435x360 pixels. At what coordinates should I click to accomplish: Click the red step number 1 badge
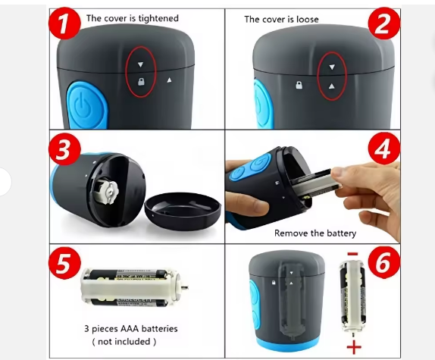pyautogui.click(x=64, y=23)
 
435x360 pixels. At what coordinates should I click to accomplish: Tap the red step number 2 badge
pyautogui.click(x=384, y=23)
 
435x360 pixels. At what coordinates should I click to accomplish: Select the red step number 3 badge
pyautogui.click(x=64, y=149)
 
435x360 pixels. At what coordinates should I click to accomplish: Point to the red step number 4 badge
pyautogui.click(x=384, y=149)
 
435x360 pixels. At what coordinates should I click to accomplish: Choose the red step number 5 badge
pyautogui.click(x=64, y=263)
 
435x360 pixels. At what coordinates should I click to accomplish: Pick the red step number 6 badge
pyautogui.click(x=384, y=262)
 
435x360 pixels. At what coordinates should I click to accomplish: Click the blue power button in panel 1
pyautogui.click(x=86, y=106)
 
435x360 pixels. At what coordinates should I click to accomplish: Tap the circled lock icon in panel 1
pyautogui.click(x=141, y=82)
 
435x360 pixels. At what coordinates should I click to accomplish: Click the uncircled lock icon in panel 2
pyautogui.click(x=299, y=85)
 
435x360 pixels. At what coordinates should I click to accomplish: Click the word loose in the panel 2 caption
pyautogui.click(x=308, y=20)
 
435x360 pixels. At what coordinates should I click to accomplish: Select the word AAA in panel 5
pyautogui.click(x=129, y=329)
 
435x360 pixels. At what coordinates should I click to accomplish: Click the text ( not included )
pyautogui.click(x=124, y=341)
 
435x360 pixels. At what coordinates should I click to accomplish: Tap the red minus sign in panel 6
pyautogui.click(x=352, y=253)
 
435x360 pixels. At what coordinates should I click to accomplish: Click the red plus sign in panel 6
pyautogui.click(x=354, y=347)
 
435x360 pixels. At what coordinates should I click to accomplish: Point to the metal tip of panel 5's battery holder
pyautogui.click(x=186, y=287)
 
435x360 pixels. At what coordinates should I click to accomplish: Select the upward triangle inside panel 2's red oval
pyautogui.click(x=331, y=86)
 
